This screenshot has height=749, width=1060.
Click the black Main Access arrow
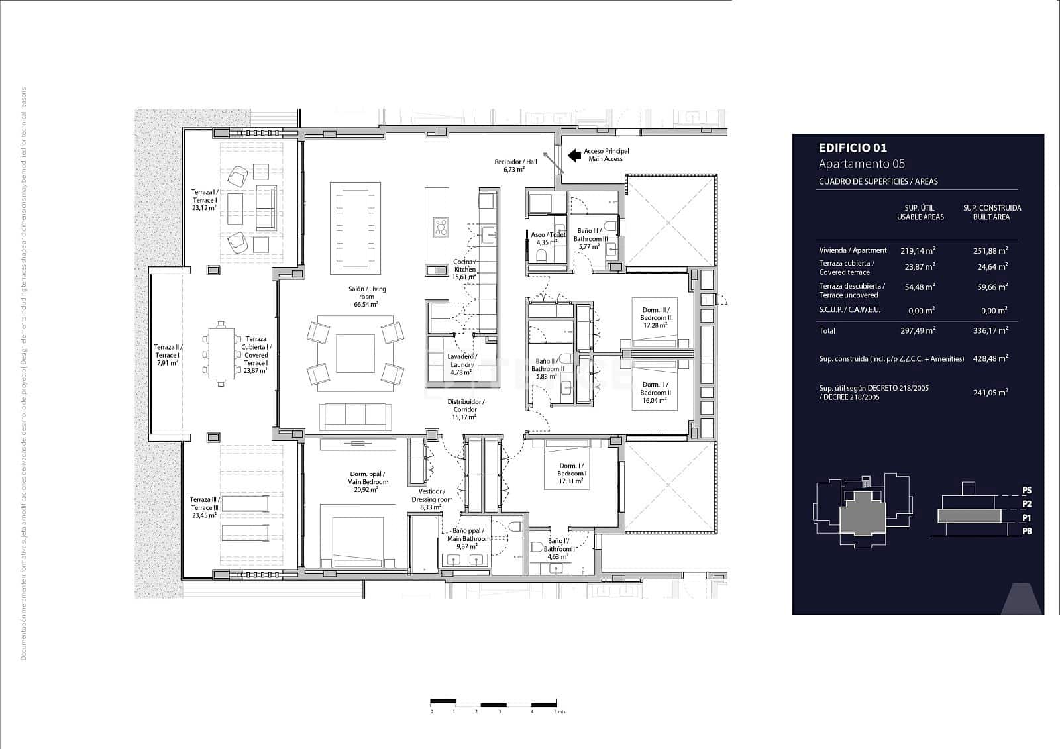574,155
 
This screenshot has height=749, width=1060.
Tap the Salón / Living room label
367,293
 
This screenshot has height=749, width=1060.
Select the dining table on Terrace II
221,352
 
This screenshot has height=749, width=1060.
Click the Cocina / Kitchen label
464,266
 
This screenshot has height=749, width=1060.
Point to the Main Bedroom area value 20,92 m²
368,490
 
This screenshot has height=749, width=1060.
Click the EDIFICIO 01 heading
852,148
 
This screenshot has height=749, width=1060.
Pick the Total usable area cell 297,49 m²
918,330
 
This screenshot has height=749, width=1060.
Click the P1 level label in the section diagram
1026,518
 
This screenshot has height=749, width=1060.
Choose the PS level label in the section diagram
1026,491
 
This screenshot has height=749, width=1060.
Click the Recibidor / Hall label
515,162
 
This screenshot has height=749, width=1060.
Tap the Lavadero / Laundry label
462,360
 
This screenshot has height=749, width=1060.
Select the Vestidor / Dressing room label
432,495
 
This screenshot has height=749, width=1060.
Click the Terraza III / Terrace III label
203,503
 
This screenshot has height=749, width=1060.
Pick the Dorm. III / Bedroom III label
656,313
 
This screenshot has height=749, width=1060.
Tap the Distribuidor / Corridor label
465,405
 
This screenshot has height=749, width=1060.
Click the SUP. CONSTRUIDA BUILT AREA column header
991,212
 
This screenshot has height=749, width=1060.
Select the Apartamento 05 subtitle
861,164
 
